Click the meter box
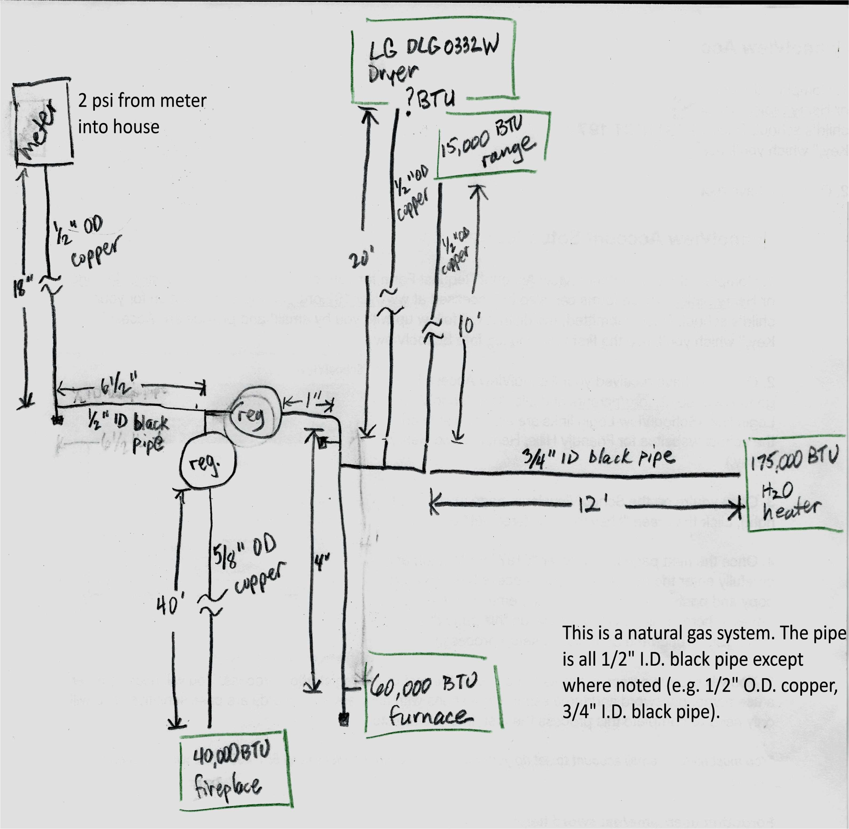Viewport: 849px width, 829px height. (x=43, y=124)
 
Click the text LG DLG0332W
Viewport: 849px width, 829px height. (x=433, y=47)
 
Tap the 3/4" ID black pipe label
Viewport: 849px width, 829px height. (x=598, y=457)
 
